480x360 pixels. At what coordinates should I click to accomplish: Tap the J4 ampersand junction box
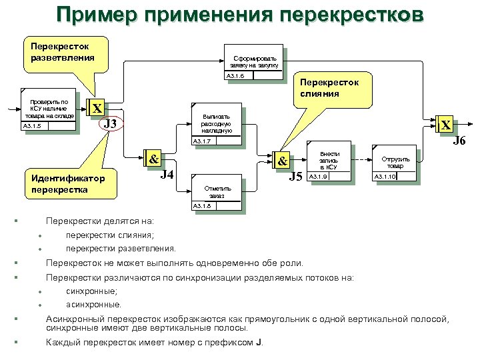(153, 159)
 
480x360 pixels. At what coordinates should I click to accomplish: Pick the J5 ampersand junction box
(282, 161)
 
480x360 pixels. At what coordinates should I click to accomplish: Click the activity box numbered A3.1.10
(394, 165)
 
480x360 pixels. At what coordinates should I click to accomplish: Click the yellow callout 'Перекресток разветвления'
(59, 52)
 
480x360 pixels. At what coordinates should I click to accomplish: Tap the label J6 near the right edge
(459, 141)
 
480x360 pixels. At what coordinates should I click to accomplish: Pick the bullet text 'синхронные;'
(92, 291)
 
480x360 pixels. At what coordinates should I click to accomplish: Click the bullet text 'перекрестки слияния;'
(110, 235)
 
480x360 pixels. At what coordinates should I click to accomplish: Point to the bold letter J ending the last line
(258, 343)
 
